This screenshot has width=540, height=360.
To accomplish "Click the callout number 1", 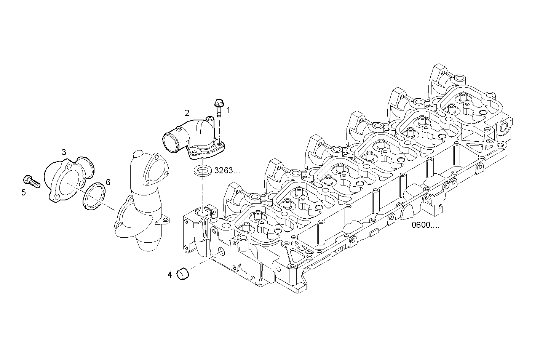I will (228, 110).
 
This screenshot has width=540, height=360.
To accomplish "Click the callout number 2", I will (187, 112).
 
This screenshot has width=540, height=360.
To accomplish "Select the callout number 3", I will (64, 152).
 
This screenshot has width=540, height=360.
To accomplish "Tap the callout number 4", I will (170, 274).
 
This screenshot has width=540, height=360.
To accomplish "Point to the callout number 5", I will (24, 192).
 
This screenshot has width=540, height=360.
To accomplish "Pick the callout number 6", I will (108, 182).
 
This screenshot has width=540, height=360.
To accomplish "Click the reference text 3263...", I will (227, 171).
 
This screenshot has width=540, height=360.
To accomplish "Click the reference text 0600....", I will (425, 225).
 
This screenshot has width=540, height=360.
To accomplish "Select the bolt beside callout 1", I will (219, 107).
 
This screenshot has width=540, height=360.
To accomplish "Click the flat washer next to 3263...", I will (203, 170).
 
